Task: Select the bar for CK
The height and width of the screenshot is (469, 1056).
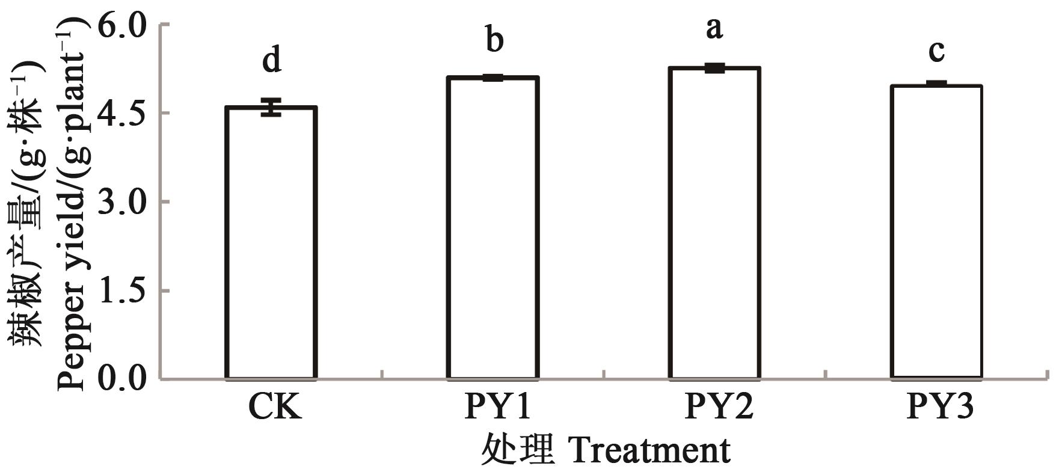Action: click(271, 244)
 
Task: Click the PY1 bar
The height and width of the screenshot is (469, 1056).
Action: click(493, 228)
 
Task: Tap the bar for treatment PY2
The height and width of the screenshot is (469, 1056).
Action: click(714, 224)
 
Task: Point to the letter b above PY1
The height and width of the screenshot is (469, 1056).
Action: click(494, 40)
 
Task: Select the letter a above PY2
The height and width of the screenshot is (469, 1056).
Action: click(714, 28)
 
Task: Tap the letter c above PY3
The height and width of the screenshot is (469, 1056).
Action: click(936, 52)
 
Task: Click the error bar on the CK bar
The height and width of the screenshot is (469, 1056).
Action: click(272, 107)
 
